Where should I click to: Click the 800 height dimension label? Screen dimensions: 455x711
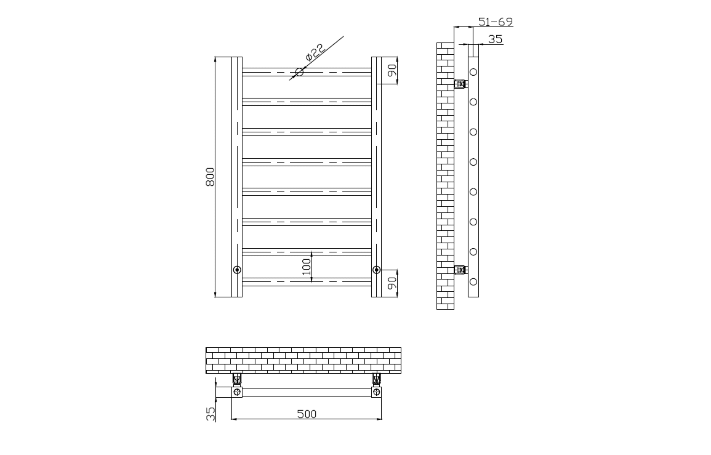210,177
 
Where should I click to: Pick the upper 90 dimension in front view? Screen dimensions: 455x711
392,70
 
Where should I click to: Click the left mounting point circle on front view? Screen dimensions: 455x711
237,270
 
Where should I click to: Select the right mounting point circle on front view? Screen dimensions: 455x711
376,270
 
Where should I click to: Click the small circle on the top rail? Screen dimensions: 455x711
299,72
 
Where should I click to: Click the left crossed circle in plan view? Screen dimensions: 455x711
237,392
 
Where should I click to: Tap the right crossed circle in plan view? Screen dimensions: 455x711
376,392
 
